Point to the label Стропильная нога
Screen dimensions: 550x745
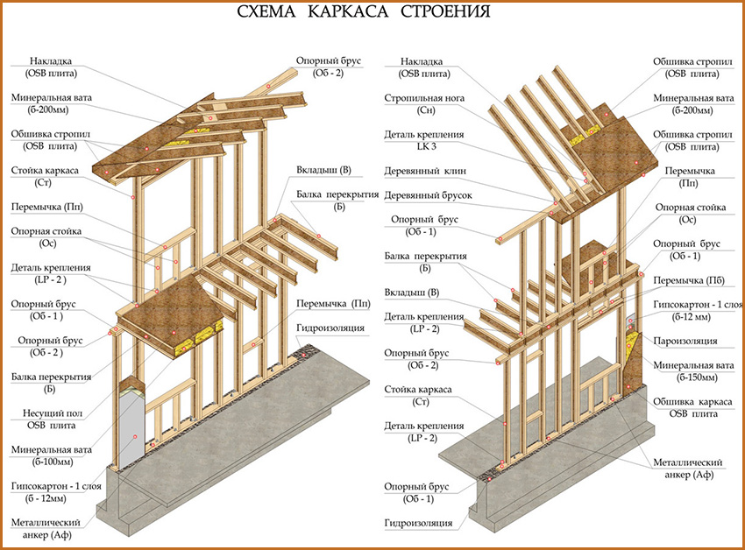(423, 99)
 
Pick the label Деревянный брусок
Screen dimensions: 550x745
(424, 196)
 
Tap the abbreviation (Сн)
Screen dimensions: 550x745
(423, 111)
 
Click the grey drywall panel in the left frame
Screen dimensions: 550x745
(129, 429)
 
